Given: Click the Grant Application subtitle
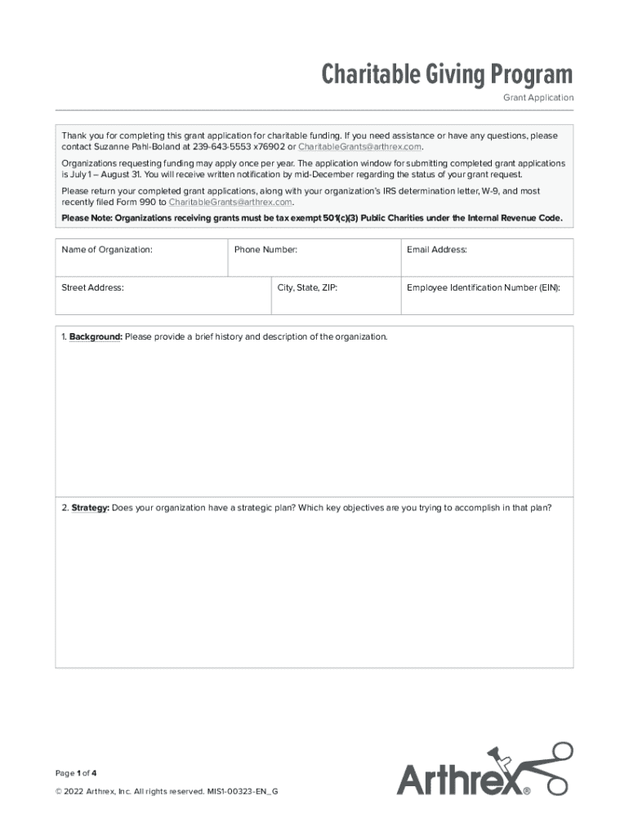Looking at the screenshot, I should click(538, 98).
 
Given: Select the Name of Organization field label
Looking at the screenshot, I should click(107, 250).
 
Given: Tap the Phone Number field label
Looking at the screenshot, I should click(265, 250).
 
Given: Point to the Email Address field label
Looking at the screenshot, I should click(436, 250).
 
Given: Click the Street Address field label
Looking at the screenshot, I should click(92, 287).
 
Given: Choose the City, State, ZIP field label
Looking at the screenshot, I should click(307, 287).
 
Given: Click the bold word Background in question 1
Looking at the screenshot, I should click(96, 337).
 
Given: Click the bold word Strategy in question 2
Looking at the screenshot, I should click(90, 508).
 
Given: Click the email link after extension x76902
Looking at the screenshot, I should click(359, 147).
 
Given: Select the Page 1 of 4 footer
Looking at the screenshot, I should click(76, 772).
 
